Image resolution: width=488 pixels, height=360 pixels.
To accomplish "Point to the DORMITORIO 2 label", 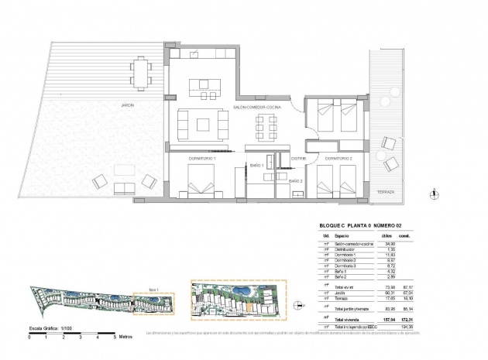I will [339, 159].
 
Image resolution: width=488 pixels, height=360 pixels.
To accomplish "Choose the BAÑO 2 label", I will [296, 180].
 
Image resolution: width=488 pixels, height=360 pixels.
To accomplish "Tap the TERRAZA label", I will [386, 190].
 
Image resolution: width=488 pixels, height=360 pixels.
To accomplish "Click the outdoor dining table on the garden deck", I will [142, 74].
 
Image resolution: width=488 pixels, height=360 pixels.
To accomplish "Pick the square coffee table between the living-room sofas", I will [203, 122].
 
